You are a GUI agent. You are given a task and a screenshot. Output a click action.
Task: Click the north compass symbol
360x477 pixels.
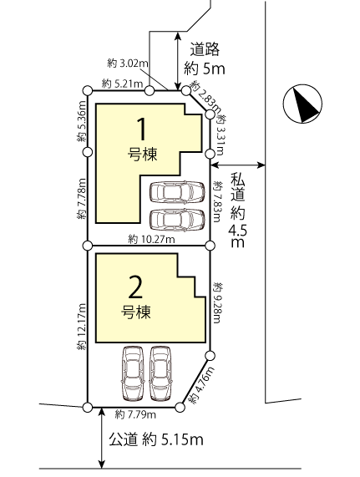(x=302, y=104)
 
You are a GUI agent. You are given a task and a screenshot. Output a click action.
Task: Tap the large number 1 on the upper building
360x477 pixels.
(x=141, y=129)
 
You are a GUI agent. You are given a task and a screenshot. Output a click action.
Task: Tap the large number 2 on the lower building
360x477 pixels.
(x=135, y=287)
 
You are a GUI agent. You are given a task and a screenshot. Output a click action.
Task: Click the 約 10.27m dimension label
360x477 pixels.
(x=151, y=240)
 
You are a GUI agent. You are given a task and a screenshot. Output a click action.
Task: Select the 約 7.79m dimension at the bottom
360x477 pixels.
(x=135, y=414)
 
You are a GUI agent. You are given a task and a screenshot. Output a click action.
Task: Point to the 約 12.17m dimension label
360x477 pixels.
(x=82, y=327)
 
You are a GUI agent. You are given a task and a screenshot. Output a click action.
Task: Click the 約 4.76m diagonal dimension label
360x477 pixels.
(x=201, y=385)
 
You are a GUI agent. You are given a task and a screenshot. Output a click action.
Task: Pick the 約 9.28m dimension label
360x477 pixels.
(x=218, y=302)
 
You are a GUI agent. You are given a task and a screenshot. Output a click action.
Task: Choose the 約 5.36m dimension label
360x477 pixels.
(x=82, y=121)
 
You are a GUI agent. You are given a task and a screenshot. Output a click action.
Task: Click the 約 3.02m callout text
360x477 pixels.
(x=128, y=63)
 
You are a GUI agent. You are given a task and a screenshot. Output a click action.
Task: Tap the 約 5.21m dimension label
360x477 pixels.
(x=122, y=83)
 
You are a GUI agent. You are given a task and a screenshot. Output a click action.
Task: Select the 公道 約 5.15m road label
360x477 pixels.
(x=156, y=439)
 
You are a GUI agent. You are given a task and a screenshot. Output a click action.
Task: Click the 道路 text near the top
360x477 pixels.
(x=205, y=49)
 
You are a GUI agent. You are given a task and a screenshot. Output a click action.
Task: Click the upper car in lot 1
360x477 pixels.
(x=177, y=192)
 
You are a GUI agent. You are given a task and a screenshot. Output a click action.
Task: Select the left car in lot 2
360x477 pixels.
(x=133, y=373)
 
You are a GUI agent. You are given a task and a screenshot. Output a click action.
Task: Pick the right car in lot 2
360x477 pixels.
(x=161, y=373)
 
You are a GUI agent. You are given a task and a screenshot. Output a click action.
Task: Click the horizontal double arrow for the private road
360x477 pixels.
(x=238, y=165)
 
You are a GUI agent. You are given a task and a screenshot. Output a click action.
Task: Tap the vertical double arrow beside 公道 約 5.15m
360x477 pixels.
(x=102, y=438)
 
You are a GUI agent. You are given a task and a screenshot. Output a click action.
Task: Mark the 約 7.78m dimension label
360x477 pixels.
(x=82, y=199)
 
